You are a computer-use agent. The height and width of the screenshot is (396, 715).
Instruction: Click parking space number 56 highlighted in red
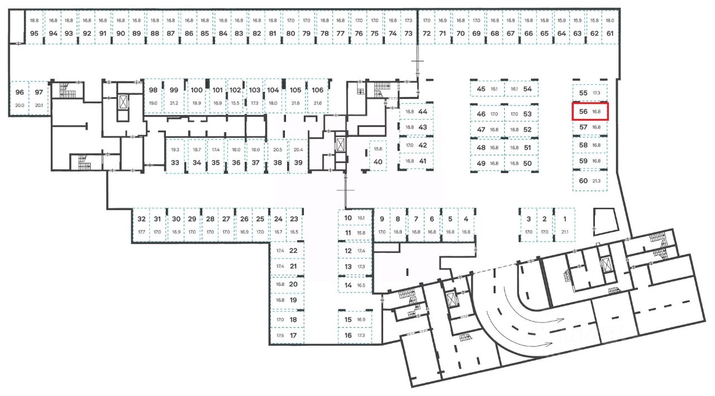click(x=590, y=112)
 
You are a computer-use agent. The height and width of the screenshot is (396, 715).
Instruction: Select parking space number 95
click(x=35, y=33)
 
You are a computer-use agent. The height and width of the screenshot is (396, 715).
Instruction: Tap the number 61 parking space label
click(x=610, y=33)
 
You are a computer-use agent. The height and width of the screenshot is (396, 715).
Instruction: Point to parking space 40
click(x=378, y=162)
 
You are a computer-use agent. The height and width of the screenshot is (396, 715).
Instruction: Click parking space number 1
click(x=564, y=219)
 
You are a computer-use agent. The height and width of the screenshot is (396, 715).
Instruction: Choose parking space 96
click(x=20, y=92)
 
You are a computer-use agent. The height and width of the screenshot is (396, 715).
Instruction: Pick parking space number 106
click(x=317, y=90)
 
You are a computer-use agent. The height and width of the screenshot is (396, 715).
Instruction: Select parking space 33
click(x=175, y=163)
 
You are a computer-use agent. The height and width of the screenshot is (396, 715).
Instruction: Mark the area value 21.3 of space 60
click(x=597, y=181)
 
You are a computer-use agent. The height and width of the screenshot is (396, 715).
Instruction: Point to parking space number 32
click(x=141, y=219)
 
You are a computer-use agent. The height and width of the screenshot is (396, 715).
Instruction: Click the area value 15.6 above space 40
click(x=378, y=149)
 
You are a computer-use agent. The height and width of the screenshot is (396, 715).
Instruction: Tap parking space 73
click(x=408, y=33)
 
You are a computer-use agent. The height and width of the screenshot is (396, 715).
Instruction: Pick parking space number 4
click(x=466, y=219)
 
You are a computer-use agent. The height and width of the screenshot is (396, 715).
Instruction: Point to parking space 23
click(x=294, y=219)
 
